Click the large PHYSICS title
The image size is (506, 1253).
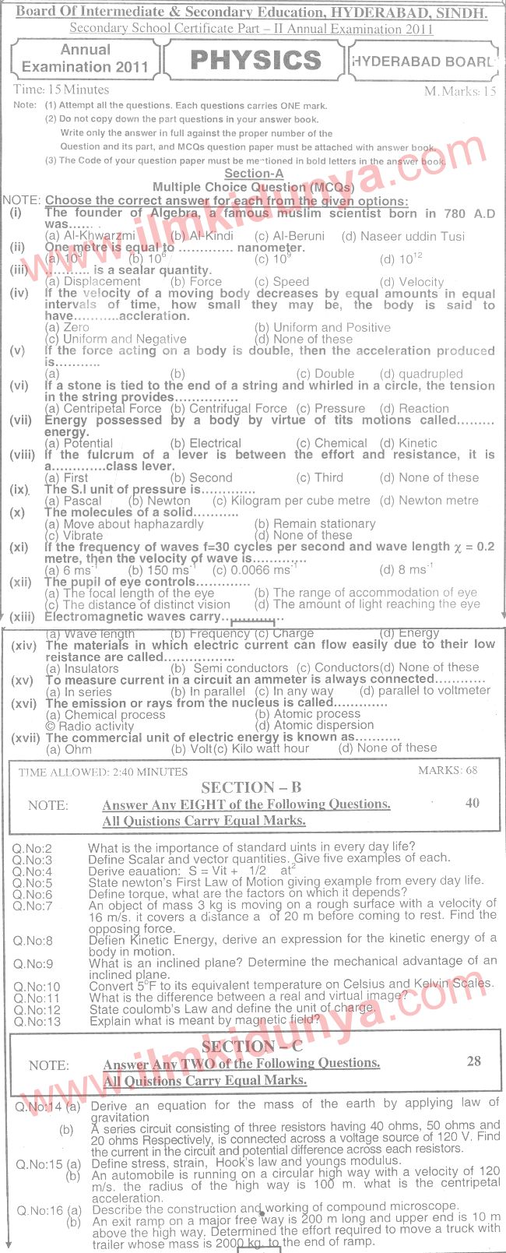[255, 61]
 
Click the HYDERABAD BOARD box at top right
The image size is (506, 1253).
[423, 62]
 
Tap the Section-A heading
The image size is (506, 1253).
[254, 174]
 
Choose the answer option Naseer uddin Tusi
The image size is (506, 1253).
[402, 236]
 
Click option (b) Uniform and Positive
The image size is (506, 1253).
[322, 328]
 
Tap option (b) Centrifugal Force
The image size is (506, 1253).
[229, 408]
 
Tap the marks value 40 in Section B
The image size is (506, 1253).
[472, 803]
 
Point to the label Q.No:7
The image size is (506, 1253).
[33, 906]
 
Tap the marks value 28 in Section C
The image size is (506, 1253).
[473, 1061]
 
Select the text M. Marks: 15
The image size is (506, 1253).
[460, 91]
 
